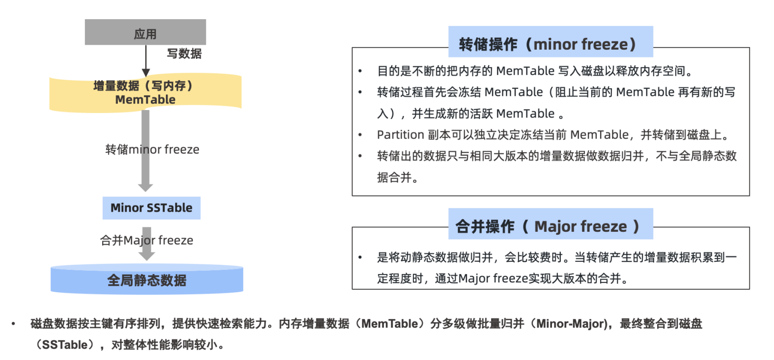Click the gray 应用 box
click(145, 32)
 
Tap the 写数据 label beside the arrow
click(184, 54)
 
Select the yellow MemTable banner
click(145, 93)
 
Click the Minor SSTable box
click(151, 208)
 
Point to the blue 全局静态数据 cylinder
click(147, 280)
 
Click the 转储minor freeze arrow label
click(152, 149)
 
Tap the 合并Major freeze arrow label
click(146, 240)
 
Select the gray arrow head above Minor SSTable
click(145, 187)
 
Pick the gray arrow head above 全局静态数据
click(146, 255)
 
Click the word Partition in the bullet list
click(400, 135)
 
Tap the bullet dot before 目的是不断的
click(360, 72)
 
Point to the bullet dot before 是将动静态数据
click(360, 257)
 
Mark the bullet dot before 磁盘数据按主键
click(13, 324)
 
